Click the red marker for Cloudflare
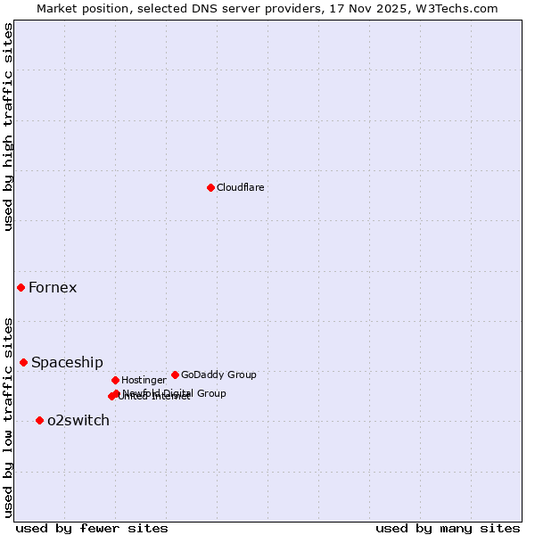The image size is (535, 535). pos(210,187)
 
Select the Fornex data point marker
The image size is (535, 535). pos(21,287)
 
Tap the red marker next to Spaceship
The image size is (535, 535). pos(23,362)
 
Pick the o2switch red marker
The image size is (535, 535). pos(39,420)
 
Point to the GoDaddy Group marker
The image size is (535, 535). pos(175,374)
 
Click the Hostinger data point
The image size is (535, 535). pos(115,380)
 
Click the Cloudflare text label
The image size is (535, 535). pos(240,187)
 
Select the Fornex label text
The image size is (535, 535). pos(53,287)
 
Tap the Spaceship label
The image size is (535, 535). pos(67,362)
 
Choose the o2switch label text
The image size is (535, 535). pos(78,420)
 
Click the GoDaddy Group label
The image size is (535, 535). pos(218,374)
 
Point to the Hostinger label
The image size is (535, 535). pos(144,380)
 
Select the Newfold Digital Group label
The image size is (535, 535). pos(175,393)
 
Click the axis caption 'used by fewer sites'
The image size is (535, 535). pos(92,528)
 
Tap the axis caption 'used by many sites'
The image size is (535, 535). pos(448,528)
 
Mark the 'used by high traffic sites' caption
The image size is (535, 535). pos(8,127)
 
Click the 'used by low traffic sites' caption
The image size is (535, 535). pos(8,416)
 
